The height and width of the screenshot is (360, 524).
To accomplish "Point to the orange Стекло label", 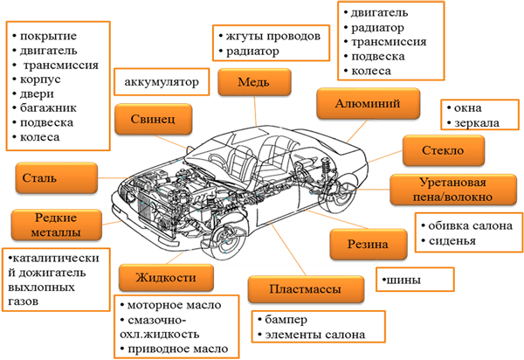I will tap(441, 150).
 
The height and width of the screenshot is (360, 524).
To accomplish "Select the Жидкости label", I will tap(165, 278).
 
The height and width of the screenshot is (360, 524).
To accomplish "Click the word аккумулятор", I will tap(162, 84).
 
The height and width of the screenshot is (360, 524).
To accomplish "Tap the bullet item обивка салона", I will tap(466, 225).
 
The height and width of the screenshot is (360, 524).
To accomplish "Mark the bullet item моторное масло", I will tap(180, 306).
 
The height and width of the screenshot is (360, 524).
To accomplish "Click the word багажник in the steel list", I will tap(52, 108).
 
